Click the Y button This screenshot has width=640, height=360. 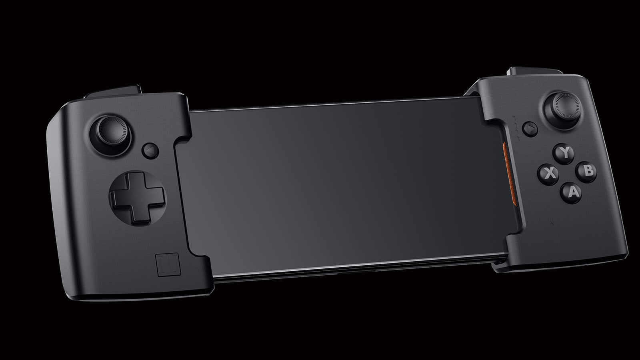click(x=564, y=154)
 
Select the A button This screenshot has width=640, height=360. click(x=571, y=192)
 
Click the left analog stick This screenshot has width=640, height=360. click(x=111, y=134)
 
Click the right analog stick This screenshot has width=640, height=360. click(x=562, y=110)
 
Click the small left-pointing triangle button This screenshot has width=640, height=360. click(x=150, y=150)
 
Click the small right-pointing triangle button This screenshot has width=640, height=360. click(x=530, y=129)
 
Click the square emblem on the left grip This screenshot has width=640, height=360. click(x=168, y=265)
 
